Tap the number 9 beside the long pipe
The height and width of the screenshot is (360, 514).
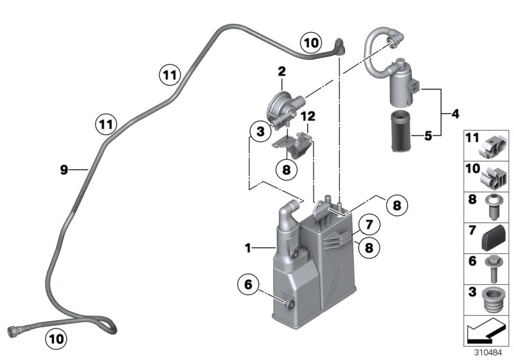click(x=63, y=170)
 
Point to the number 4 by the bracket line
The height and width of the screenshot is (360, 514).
click(x=455, y=114)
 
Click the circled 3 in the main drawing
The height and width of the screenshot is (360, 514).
click(x=259, y=132)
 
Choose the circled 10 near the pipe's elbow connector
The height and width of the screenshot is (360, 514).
click(x=311, y=44)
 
